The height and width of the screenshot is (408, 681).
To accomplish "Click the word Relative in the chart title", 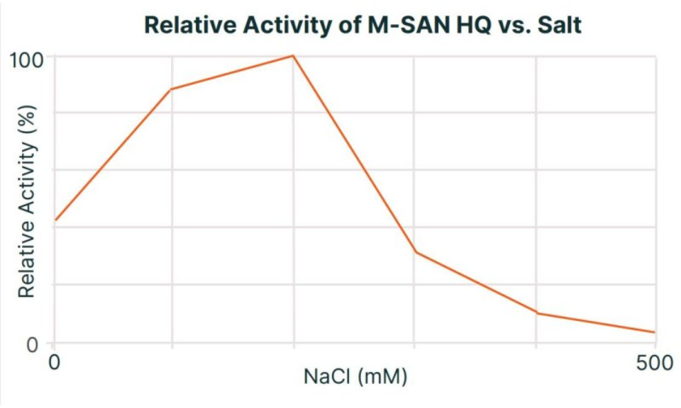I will point(186,26).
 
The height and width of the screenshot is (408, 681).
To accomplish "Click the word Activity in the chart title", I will point(277,26).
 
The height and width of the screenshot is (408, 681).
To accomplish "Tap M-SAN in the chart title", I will point(392,26).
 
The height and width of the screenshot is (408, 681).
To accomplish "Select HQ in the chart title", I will point(466,26).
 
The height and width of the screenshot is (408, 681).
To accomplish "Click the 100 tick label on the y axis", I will point(26,57).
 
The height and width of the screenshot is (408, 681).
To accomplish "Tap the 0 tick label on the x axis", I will point(53,363).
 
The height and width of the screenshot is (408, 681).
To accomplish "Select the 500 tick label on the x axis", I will point(653,363).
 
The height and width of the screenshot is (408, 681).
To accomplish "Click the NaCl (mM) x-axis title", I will point(355,376).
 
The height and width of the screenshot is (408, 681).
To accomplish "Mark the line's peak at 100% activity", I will point(293,55).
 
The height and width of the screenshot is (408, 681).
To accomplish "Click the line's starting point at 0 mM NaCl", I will point(55,220).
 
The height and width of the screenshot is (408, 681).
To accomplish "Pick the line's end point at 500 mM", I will point(654,332).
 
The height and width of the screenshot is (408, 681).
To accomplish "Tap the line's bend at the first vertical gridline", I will point(171,89).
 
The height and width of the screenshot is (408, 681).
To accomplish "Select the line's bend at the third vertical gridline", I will point(415,252).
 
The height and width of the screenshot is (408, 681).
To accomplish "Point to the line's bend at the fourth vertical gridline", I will point(537,313).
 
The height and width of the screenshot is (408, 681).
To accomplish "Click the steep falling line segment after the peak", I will point(354,154).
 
